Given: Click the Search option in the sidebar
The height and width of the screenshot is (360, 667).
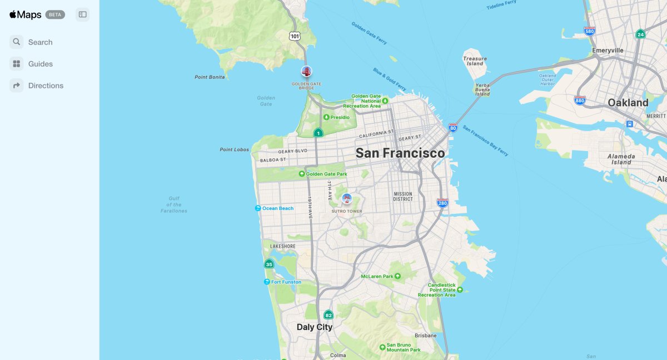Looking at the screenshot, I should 40,42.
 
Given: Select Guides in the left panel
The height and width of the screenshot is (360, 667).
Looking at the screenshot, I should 40,64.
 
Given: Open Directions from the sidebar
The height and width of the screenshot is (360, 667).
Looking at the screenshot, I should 46,86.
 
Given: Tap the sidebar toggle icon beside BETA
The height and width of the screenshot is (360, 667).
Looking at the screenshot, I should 83,14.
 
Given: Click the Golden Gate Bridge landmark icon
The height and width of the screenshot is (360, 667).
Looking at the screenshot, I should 306,71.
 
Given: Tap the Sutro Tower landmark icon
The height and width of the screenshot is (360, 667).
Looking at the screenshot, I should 347,199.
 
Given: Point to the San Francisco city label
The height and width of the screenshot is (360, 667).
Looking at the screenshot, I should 400,153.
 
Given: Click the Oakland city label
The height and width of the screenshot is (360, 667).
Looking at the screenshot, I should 628,103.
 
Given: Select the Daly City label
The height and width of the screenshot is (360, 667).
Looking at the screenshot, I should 314,327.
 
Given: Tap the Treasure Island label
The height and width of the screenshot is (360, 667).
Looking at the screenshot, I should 475,61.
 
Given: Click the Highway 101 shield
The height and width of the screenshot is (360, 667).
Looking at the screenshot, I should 295,36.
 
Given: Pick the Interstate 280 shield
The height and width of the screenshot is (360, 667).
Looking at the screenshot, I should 442,203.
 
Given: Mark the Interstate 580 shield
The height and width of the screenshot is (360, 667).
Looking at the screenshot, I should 590,31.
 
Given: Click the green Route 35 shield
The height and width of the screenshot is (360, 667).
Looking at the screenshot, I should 269,264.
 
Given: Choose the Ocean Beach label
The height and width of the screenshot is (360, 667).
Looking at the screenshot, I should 277,208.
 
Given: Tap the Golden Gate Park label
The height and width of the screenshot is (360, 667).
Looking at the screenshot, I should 326,174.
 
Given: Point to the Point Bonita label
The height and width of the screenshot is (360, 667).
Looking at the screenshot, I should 210,77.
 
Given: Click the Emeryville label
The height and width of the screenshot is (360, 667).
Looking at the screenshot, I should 608,50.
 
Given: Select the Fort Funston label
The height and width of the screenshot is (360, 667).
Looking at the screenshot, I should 286,282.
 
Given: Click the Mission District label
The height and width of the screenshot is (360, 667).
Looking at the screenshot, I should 403,197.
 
